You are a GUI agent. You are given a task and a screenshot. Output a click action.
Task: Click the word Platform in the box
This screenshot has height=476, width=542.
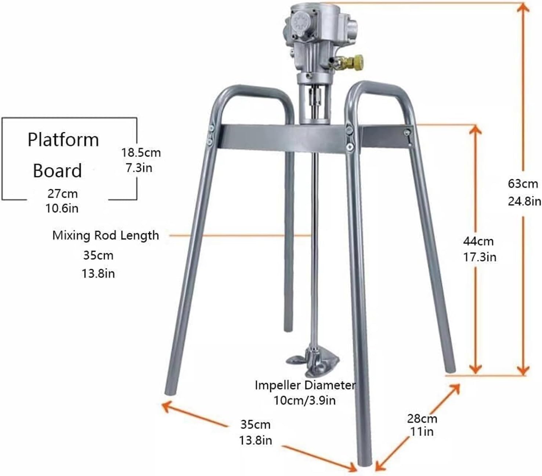64,140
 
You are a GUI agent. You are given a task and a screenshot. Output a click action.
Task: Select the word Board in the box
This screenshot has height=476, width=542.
57,171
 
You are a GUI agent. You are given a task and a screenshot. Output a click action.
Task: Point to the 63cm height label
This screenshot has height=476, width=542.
523,183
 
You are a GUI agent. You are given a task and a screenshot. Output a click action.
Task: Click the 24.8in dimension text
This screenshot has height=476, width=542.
524,201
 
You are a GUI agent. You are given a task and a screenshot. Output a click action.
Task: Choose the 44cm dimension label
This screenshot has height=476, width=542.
478,241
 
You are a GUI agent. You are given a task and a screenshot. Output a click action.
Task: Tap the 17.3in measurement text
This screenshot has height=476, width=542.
479,257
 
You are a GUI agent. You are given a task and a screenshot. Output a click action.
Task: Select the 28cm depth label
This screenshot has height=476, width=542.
422,418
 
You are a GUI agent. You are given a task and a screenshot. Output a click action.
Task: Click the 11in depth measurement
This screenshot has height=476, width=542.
422,432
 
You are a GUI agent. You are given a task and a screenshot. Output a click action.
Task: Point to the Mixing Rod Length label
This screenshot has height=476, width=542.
106,235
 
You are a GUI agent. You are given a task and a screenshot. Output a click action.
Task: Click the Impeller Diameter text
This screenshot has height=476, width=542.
305,385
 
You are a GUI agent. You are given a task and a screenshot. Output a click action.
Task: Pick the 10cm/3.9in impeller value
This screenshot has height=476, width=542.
304,400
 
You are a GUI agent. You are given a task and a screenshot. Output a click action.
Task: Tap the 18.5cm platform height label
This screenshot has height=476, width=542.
141,152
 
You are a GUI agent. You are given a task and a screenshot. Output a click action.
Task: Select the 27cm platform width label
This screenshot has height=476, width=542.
62,193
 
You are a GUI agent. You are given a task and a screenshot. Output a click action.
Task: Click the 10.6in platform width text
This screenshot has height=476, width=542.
62,208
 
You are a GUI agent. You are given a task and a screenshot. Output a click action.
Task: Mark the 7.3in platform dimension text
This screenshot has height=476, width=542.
139,168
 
